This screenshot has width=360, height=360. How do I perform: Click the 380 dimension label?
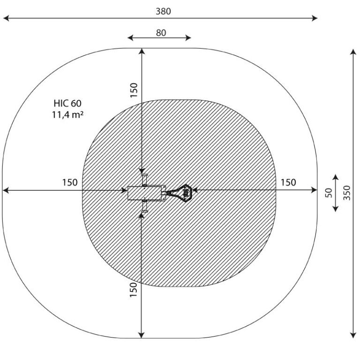point(163,11)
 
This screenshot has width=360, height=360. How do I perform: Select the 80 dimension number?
point(161,33)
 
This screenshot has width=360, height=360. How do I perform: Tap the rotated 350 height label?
point(347,193)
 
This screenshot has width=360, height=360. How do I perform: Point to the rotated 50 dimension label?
point(329,193)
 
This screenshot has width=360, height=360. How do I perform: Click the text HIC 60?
point(67,103)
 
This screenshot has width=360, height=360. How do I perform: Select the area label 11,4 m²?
point(67,114)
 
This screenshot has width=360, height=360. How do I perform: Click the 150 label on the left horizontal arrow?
point(70,182)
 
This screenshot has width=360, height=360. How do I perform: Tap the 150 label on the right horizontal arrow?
point(288,182)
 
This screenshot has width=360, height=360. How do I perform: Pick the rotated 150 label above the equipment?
point(134,90)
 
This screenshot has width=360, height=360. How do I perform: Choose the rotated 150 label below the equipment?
point(134,290)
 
